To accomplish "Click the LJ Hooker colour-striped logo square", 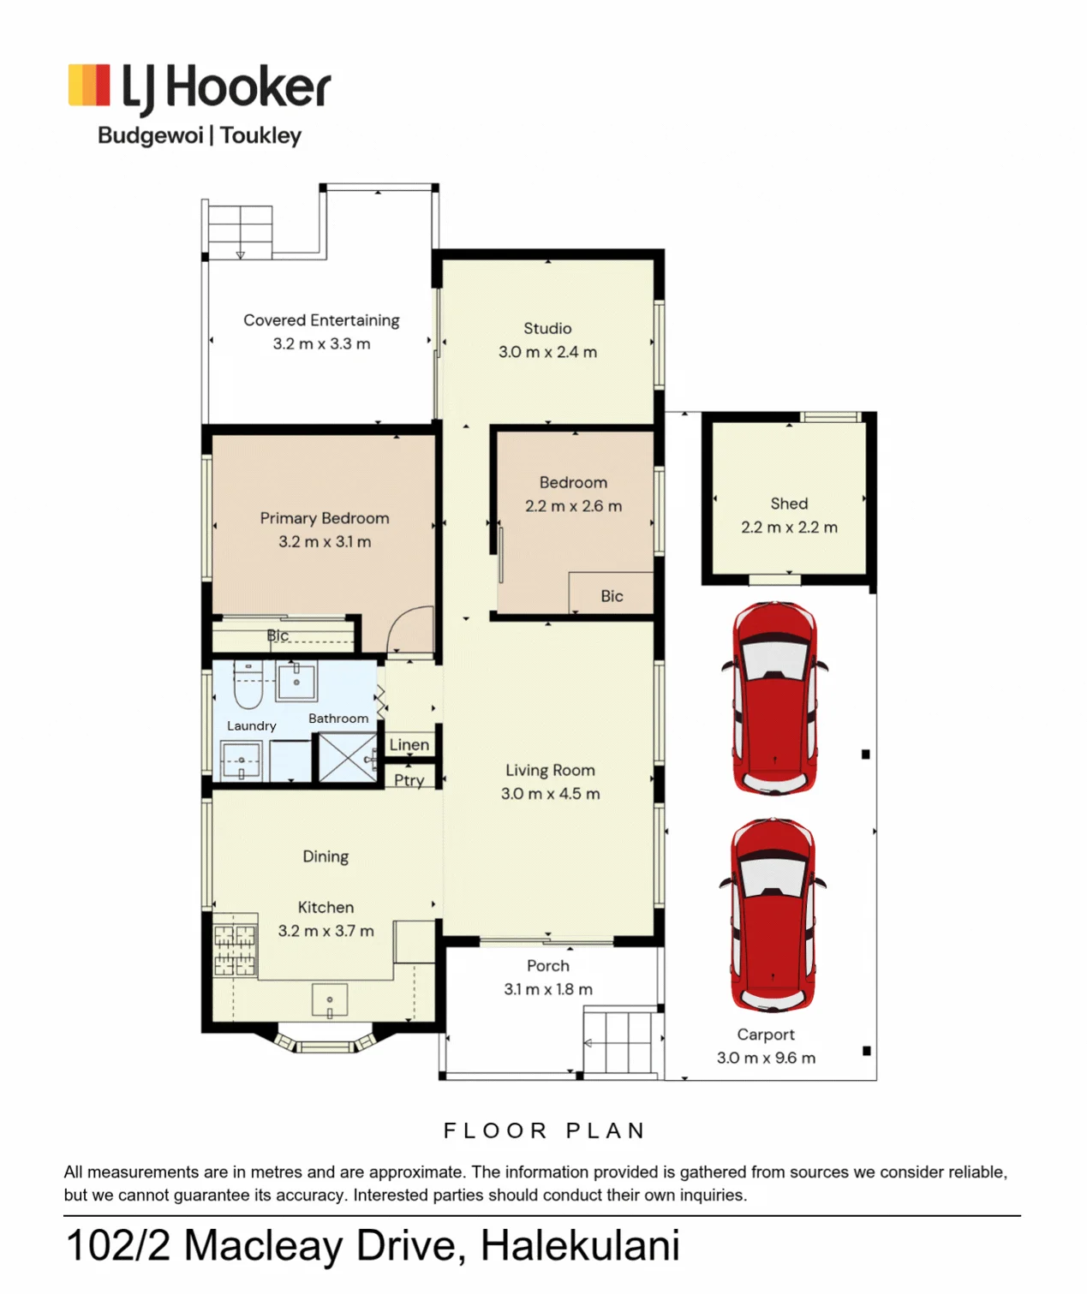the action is [89, 84].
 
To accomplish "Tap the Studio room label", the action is [546, 329].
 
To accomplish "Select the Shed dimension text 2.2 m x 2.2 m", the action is [789, 528].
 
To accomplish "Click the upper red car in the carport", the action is [774, 698].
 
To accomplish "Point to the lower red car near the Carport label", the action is [773, 915].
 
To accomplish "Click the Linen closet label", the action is [409, 744].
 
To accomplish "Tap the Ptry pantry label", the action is [409, 780].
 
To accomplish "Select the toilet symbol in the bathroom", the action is [248, 685].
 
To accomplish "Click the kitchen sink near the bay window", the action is [329, 1000].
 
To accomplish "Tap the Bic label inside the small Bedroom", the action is [612, 596].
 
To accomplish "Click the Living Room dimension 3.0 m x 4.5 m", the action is [550, 794].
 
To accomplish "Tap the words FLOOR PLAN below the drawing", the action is [545, 1131].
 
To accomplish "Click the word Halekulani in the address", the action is [581, 1245].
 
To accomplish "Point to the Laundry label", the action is [251, 726].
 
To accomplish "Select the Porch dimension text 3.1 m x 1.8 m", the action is [548, 989].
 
